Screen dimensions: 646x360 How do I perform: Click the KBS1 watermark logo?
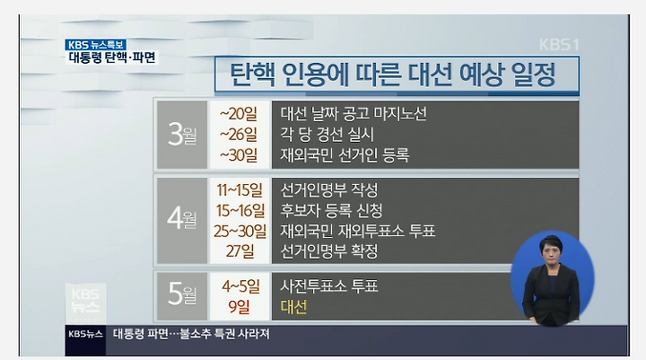(x=559, y=45)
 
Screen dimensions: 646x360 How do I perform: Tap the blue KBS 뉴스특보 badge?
(x=96, y=45)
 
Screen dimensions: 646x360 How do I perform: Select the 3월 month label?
(x=182, y=135)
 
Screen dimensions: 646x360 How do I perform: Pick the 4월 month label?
(x=182, y=219)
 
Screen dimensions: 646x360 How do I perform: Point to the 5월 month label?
(x=182, y=294)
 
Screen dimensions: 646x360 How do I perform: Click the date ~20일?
(x=239, y=114)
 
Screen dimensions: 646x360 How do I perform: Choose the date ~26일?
(x=239, y=135)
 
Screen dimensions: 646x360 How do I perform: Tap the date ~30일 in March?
(x=239, y=155)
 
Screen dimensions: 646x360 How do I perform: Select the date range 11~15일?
(x=240, y=190)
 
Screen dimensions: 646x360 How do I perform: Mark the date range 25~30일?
(x=240, y=231)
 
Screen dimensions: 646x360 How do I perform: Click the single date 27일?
(x=240, y=251)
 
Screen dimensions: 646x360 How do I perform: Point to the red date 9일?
(x=240, y=307)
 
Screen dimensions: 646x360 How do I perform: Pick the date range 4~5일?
(x=240, y=286)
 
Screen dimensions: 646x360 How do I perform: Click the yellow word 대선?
(x=293, y=307)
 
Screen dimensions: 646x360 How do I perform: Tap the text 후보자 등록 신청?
(x=331, y=211)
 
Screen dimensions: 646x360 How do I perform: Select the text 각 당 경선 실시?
(x=327, y=135)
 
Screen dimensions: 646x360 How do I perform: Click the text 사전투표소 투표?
(x=329, y=285)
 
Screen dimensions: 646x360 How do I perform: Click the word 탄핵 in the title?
(x=252, y=75)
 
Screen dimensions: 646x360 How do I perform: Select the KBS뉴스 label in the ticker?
(x=85, y=334)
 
